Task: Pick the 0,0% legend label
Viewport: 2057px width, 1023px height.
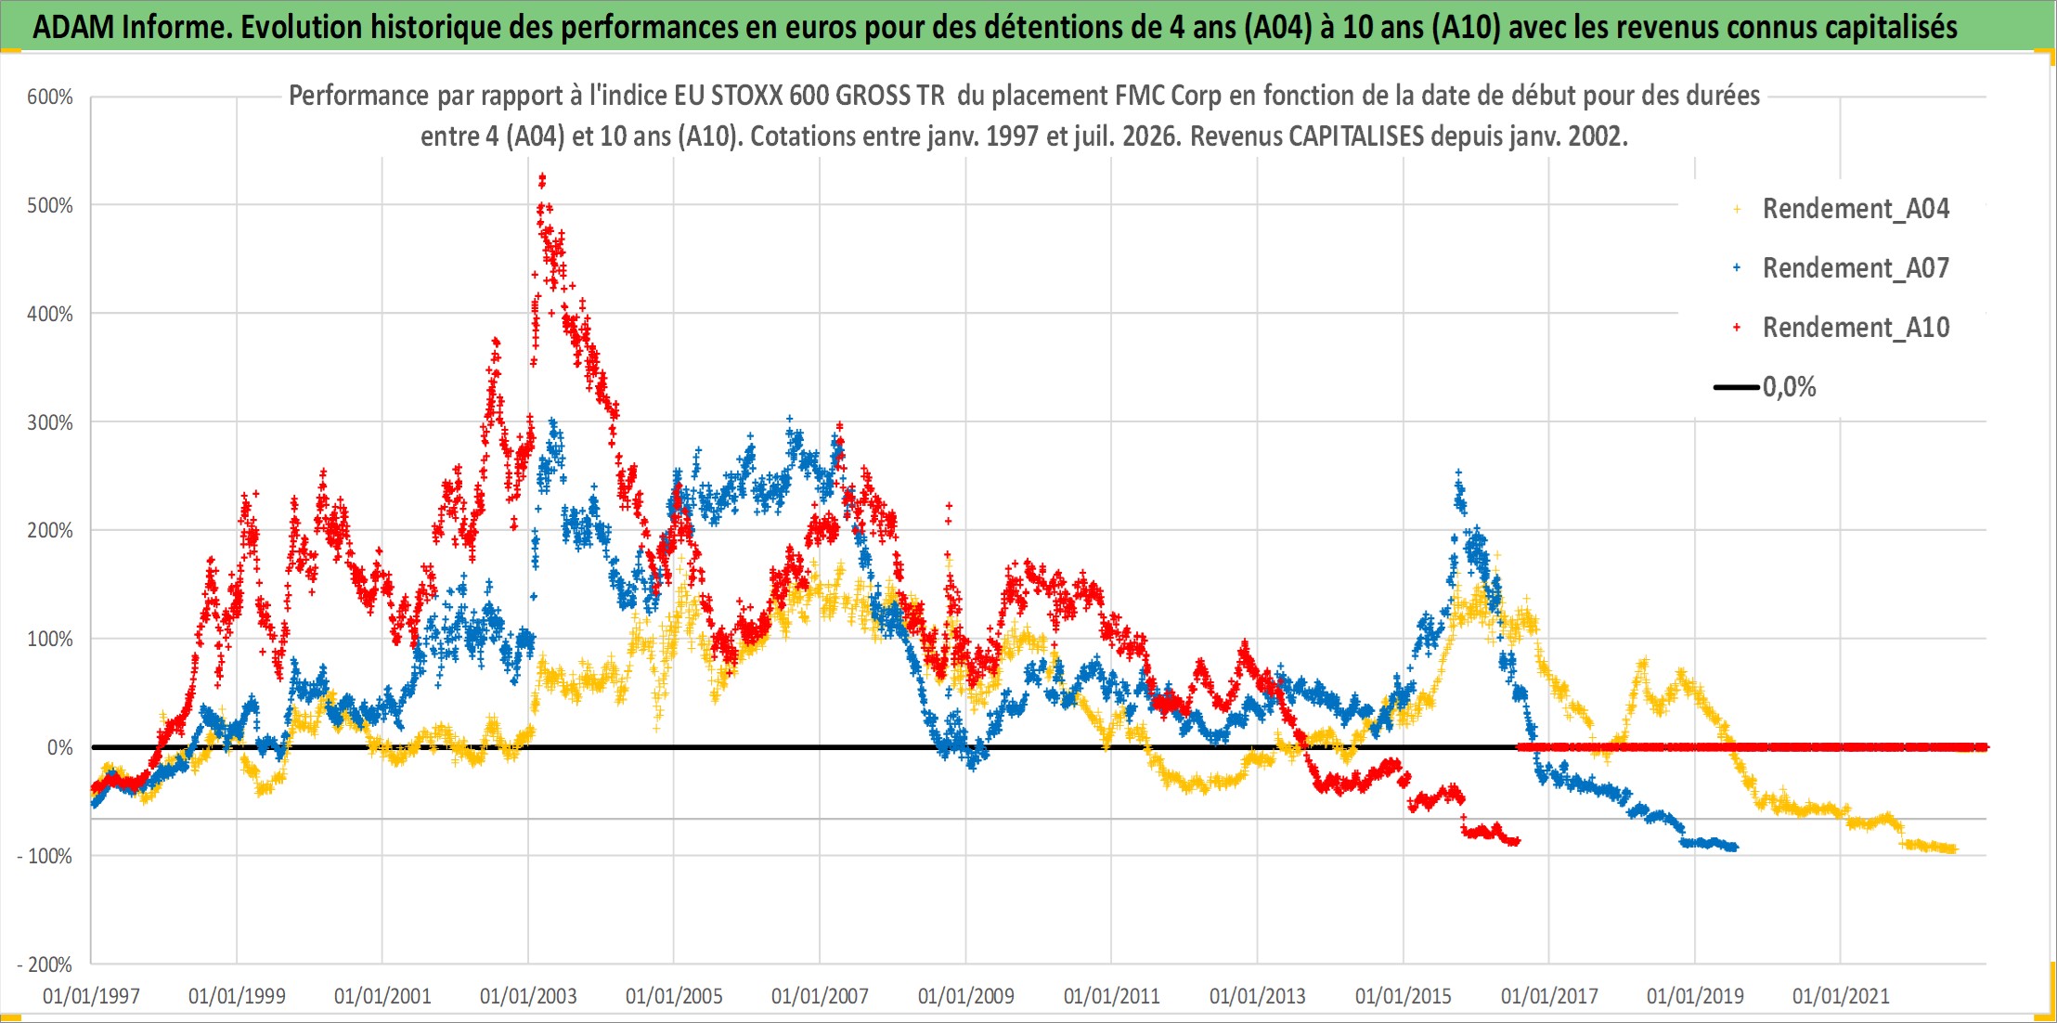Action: pos(1789,387)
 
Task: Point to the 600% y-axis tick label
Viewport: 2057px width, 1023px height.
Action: pos(50,97)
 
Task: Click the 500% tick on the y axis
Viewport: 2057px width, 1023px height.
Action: pos(50,205)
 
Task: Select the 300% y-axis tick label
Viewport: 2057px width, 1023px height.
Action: pos(50,422)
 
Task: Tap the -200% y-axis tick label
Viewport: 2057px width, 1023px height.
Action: pos(45,965)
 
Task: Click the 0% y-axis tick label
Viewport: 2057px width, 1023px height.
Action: pos(59,747)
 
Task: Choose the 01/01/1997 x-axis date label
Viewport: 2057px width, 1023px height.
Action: pos(91,996)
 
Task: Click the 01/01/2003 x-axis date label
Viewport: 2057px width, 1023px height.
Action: pos(528,996)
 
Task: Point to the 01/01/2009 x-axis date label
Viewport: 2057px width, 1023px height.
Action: pos(965,996)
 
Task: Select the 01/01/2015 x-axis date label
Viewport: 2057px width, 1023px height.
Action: pos(1404,996)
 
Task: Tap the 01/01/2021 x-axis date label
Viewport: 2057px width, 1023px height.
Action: pos(1841,996)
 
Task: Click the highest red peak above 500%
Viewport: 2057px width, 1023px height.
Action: pos(542,176)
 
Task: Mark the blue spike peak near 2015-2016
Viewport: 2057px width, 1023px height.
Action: pos(1458,473)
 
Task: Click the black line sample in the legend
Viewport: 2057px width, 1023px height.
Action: pos(1736,387)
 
